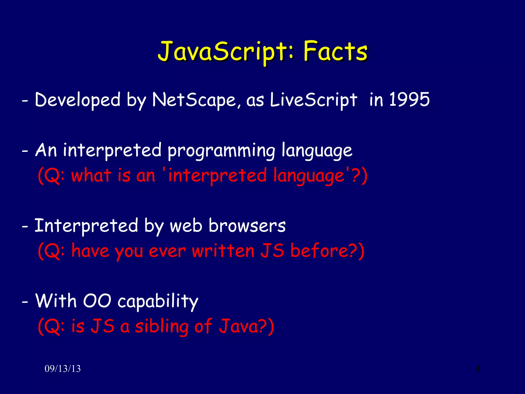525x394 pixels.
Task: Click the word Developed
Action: click(77, 100)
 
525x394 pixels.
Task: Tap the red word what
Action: click(91, 175)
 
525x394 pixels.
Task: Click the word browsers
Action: click(247, 226)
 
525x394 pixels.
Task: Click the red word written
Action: click(223, 251)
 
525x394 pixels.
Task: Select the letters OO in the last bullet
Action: click(97, 301)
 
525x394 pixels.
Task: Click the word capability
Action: click(158, 301)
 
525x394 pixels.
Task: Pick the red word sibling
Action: click(161, 326)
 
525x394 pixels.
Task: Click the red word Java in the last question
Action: click(238, 326)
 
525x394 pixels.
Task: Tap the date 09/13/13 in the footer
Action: click(63, 369)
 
